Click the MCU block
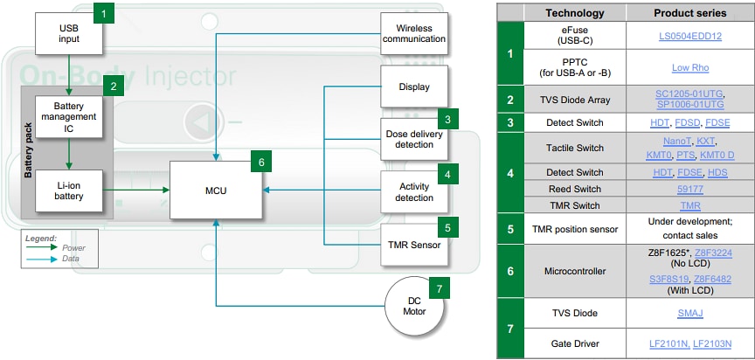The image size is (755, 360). pos(216,190)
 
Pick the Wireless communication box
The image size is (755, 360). pos(414,33)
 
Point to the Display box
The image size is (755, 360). pos(414,87)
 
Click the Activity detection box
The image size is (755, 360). pos(414,192)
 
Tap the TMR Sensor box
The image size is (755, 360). pos(414,244)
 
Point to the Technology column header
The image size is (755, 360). pos(574,13)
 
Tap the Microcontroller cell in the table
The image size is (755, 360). pos(574,271)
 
